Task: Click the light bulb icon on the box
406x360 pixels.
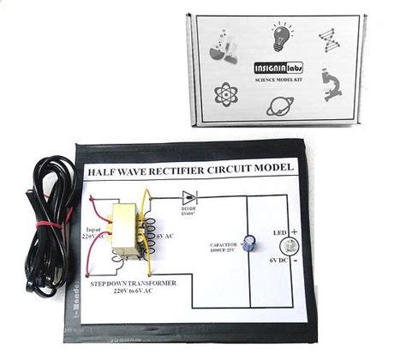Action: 282,37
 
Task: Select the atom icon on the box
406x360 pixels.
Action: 228,92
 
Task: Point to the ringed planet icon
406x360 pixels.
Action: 282,106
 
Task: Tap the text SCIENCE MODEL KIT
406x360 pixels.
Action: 276,80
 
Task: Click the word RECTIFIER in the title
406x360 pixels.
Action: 183,170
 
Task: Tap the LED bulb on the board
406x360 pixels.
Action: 289,245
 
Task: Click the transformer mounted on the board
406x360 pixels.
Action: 128,230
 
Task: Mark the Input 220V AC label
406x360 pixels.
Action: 92,232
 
